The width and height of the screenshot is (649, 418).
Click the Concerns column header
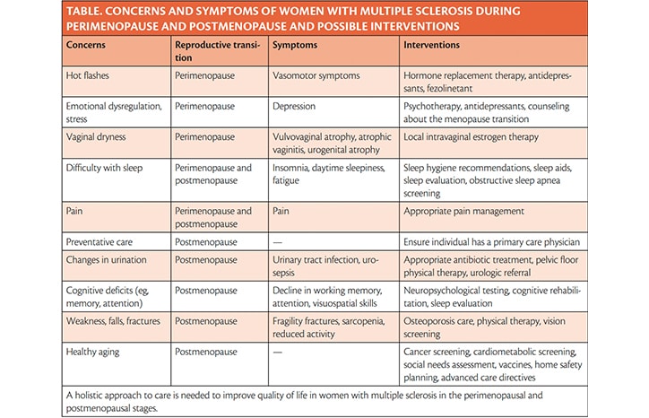(x=86, y=45)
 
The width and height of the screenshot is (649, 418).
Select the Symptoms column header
(x=295, y=45)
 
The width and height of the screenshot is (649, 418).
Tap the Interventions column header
(x=432, y=45)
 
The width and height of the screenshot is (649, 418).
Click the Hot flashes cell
(x=87, y=75)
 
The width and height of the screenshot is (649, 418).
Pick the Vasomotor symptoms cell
(x=316, y=75)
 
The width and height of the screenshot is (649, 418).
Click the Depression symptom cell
(x=294, y=106)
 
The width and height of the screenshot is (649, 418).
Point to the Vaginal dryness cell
(x=96, y=137)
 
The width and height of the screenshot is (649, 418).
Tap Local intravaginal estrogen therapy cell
(x=471, y=137)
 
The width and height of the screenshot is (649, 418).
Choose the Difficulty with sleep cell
(x=104, y=168)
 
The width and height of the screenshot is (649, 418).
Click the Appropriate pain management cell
(x=464, y=212)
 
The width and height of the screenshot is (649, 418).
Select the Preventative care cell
(x=100, y=242)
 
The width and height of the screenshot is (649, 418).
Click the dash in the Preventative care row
(x=277, y=242)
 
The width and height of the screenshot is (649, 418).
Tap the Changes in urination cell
(x=107, y=260)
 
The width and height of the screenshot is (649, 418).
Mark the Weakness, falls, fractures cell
(x=113, y=321)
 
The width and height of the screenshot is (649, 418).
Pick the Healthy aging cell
(x=92, y=353)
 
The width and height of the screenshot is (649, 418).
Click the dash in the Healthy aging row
(x=277, y=353)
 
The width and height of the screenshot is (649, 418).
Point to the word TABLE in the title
(x=83, y=11)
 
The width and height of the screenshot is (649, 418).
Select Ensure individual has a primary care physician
(x=492, y=242)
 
